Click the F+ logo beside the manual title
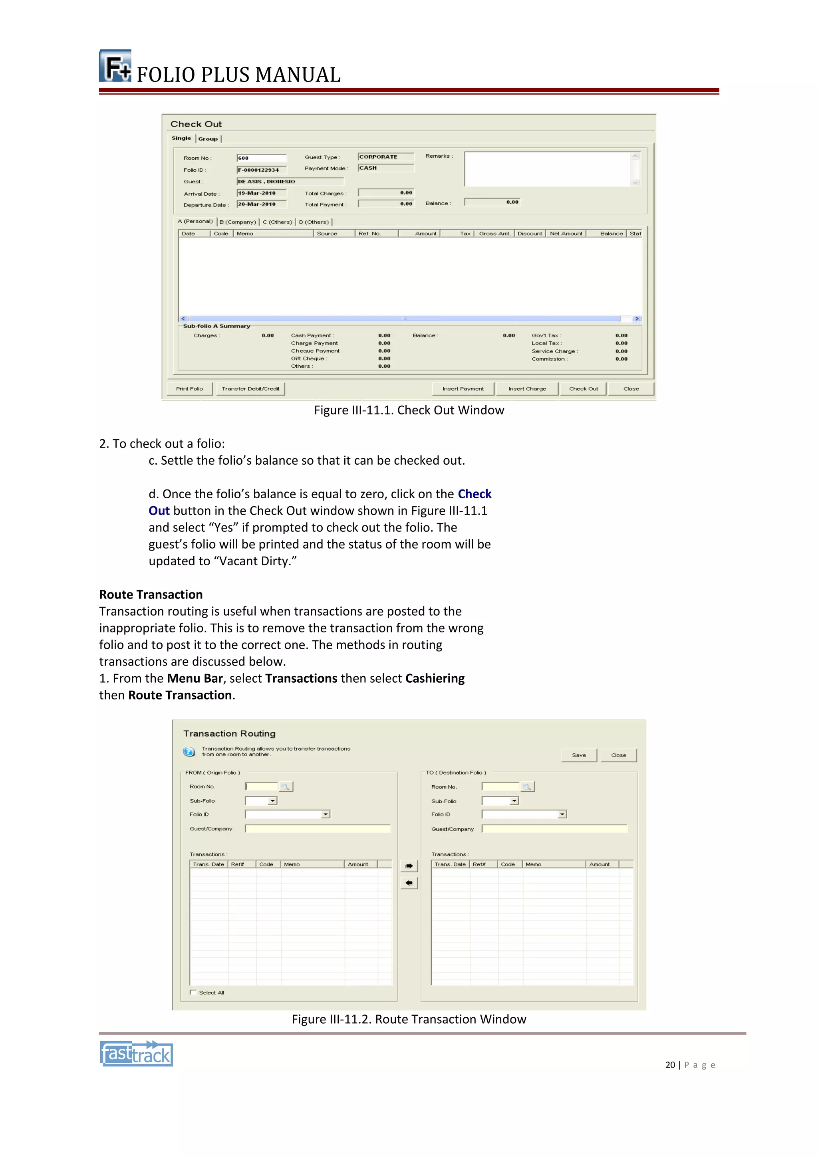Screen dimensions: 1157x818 click(x=115, y=66)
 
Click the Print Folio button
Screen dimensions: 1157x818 click(x=189, y=388)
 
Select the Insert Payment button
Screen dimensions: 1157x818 click(x=463, y=388)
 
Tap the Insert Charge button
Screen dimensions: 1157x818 click(x=527, y=388)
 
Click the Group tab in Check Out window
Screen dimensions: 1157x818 click(x=208, y=139)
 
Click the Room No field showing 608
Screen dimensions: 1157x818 click(x=261, y=158)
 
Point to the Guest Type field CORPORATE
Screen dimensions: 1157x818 click(x=385, y=157)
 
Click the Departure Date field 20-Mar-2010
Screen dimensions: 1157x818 click(x=261, y=204)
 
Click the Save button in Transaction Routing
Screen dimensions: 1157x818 click(x=579, y=755)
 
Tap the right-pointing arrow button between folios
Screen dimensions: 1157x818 click(x=409, y=866)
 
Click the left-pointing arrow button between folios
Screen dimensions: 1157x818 click(x=409, y=883)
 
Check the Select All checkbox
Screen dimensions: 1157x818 click(x=193, y=992)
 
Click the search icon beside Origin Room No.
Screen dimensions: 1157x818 click(x=285, y=787)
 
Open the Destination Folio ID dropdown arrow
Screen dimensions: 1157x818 click(x=562, y=814)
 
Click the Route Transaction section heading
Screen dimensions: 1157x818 click(x=151, y=594)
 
